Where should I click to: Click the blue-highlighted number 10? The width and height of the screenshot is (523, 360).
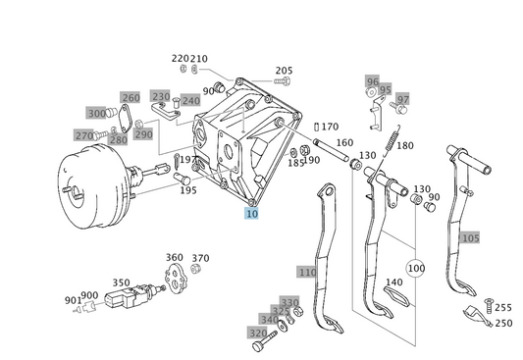point(251,213)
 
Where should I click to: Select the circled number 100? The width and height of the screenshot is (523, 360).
point(416,268)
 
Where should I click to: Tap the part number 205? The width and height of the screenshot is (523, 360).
point(284,71)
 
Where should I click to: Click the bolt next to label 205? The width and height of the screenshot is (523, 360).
point(283,80)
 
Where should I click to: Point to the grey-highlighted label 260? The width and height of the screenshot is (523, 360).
point(131,98)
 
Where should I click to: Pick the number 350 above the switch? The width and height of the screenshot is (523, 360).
point(121,283)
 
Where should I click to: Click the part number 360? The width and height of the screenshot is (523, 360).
point(174,257)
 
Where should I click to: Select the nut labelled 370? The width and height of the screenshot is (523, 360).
point(195,269)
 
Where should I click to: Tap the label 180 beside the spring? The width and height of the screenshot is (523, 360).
point(405,145)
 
